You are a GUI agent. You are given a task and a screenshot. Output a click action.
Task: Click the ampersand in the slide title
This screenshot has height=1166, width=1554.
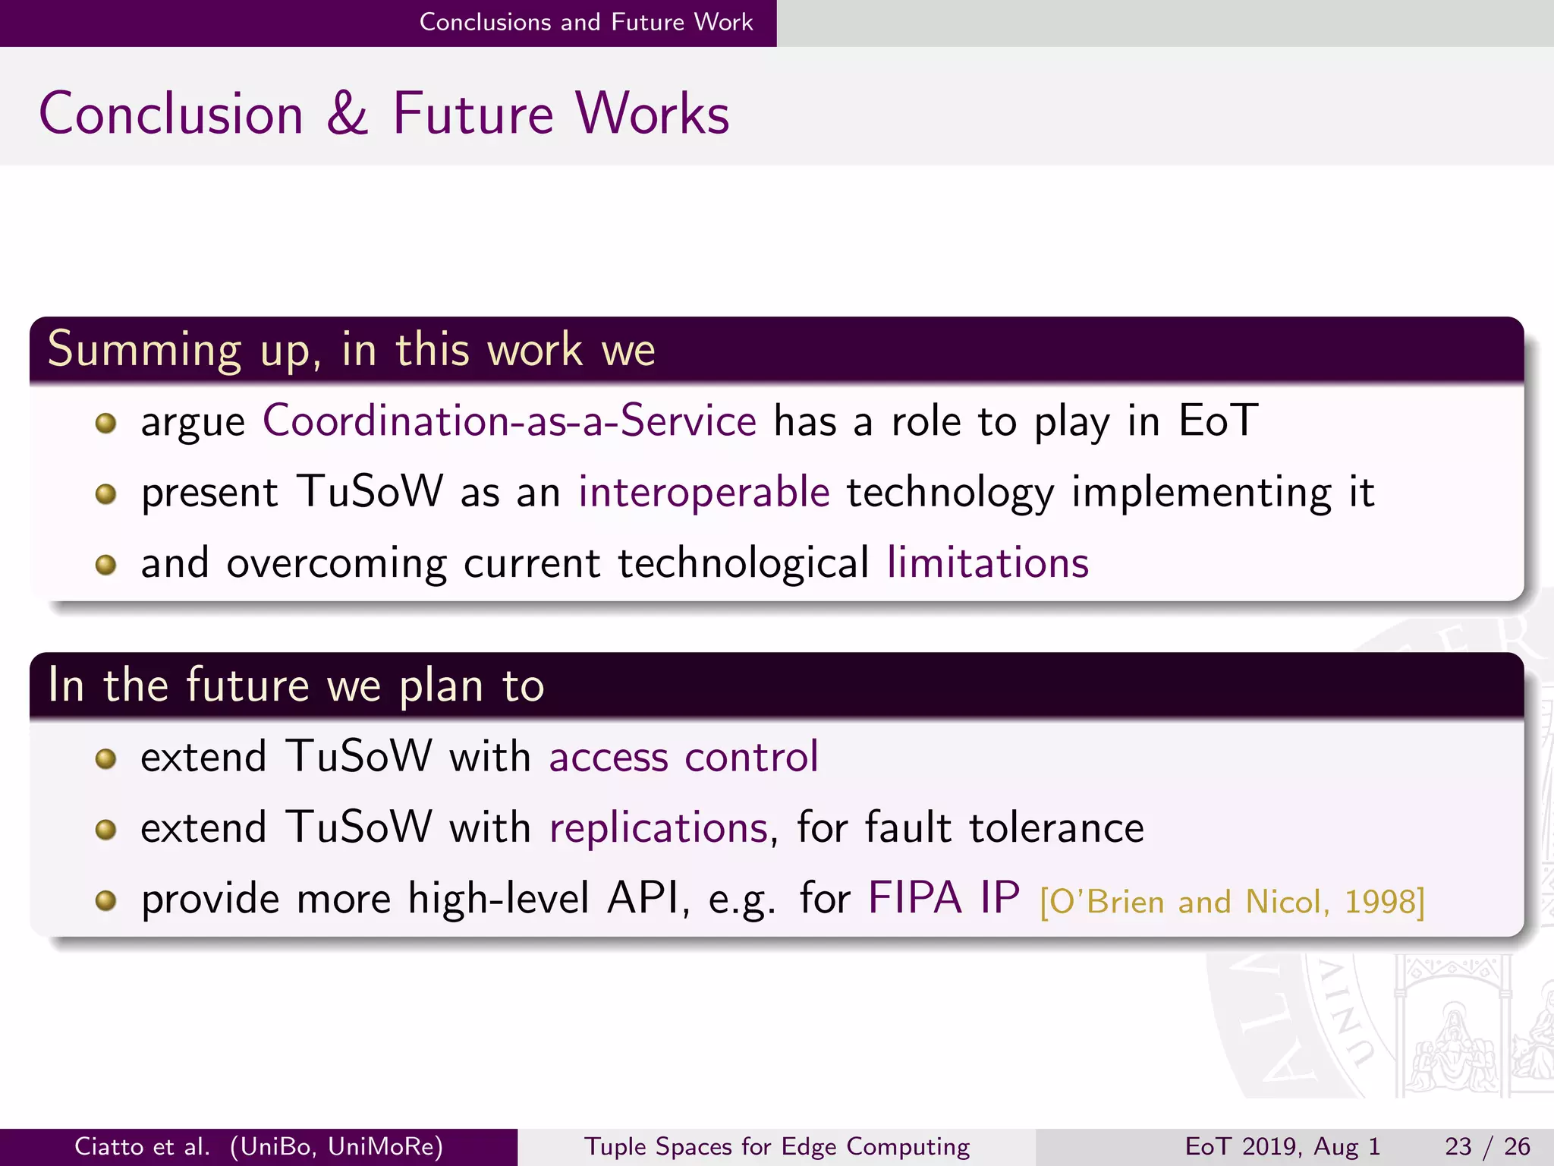pyautogui.click(x=347, y=114)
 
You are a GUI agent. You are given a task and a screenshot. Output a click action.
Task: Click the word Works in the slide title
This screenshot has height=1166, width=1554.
pyautogui.click(x=652, y=114)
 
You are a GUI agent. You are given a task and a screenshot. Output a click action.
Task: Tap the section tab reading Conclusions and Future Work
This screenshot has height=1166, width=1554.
pyautogui.click(x=586, y=22)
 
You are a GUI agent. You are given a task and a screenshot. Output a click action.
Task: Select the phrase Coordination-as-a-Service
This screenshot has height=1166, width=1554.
pyautogui.click(x=509, y=421)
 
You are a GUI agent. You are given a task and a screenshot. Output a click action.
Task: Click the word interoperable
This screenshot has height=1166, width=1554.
pyautogui.click(x=703, y=492)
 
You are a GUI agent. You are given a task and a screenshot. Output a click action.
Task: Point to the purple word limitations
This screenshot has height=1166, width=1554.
pyautogui.click(x=987, y=563)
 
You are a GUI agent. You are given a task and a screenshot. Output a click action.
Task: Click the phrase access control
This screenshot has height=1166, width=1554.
pyautogui.click(x=684, y=757)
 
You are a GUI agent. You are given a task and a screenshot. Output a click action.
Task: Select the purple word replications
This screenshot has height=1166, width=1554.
pyautogui.click(x=658, y=827)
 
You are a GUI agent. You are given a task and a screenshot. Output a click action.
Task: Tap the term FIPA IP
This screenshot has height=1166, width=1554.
pyautogui.click(x=943, y=899)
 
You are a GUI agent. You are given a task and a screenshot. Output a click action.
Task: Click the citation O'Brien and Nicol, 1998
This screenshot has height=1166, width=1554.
pyautogui.click(x=1232, y=902)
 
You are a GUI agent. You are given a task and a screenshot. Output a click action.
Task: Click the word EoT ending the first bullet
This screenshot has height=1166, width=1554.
pyautogui.click(x=1218, y=421)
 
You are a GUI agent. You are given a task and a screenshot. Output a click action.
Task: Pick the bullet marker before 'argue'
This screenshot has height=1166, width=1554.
pyautogui.click(x=106, y=423)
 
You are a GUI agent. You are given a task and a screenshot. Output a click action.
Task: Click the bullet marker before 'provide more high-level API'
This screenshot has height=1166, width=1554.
pyautogui.click(x=106, y=901)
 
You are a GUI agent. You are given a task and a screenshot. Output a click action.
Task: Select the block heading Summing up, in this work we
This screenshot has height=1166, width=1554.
pyautogui.click(x=351, y=350)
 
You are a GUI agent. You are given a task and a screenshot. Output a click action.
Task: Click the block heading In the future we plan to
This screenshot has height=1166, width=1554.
pyautogui.click(x=296, y=685)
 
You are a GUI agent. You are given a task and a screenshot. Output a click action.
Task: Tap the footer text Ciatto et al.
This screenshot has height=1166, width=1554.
pyautogui.click(x=141, y=1146)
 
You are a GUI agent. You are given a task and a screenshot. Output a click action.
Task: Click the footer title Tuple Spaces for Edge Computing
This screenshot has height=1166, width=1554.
pyautogui.click(x=776, y=1146)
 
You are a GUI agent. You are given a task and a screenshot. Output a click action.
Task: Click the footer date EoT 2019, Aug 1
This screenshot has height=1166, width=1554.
pyautogui.click(x=1282, y=1146)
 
